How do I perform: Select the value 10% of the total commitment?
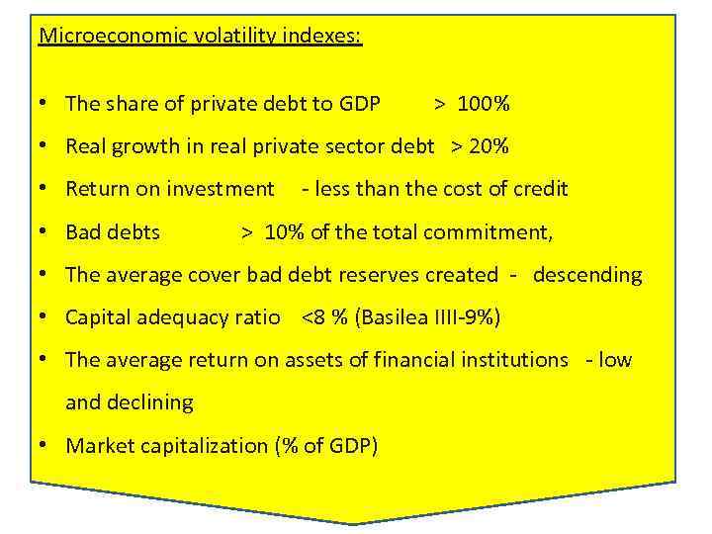point(285,232)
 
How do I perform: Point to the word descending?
point(587,275)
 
